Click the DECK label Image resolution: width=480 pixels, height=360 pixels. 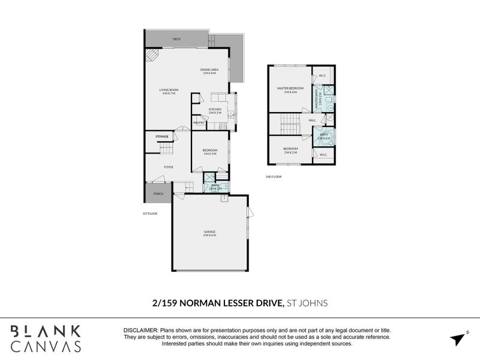click(x=176, y=39)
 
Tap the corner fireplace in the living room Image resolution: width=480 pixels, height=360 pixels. click(x=151, y=56)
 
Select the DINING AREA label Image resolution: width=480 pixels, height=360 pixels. click(x=209, y=71)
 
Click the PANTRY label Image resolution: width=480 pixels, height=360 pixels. click(x=199, y=123)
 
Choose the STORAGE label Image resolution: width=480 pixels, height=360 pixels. click(x=162, y=137)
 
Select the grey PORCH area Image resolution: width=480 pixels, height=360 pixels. click(x=157, y=193)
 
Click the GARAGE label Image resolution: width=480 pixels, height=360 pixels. click(x=209, y=233)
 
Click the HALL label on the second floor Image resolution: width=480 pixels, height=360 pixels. click(x=312, y=120)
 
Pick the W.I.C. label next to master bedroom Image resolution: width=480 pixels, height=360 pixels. click(x=322, y=76)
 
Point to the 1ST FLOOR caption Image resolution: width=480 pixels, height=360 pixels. click(x=149, y=214)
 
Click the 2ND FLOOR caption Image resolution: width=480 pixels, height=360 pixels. click(x=273, y=177)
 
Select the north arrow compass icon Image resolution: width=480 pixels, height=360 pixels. click(x=459, y=337)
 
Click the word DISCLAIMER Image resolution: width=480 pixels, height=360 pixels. click(x=140, y=331)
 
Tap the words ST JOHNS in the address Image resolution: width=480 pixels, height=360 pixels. click(x=307, y=303)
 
